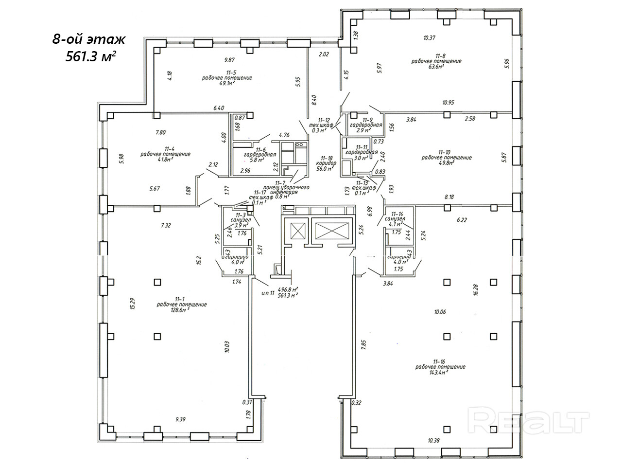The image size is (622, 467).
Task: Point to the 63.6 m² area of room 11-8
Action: [435, 67]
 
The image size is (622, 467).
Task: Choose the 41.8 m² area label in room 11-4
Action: [165, 160]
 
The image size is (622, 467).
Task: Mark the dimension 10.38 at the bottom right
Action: [434, 441]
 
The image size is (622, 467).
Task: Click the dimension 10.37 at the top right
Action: [429, 37]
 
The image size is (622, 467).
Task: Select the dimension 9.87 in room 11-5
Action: [229, 60]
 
